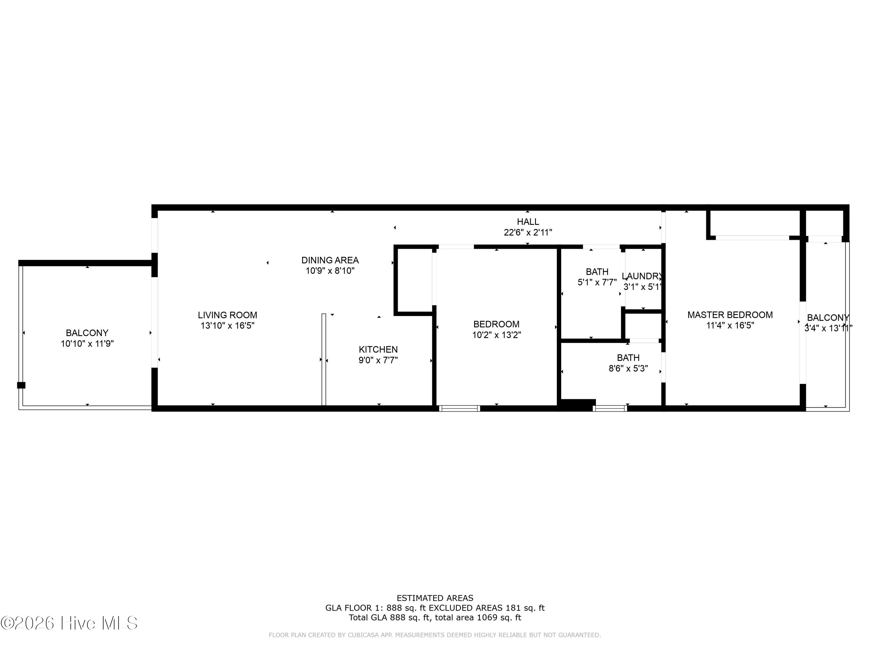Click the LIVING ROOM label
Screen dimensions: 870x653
tap(227, 315)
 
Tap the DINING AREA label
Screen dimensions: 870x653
tap(330, 260)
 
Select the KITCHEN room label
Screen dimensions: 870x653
tap(378, 349)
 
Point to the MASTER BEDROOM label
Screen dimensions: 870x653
tap(730, 315)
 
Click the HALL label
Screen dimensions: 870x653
tap(528, 222)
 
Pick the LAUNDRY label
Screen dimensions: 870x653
tap(642, 276)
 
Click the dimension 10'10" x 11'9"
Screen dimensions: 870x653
tap(87, 344)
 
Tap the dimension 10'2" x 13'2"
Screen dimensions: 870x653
tap(496, 335)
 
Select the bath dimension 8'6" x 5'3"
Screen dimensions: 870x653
tap(628, 368)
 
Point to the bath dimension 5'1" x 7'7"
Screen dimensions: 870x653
tap(597, 282)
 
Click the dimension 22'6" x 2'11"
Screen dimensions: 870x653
tap(528, 232)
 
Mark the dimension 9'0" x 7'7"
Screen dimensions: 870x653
tap(378, 360)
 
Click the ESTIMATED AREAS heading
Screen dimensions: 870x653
tap(435, 598)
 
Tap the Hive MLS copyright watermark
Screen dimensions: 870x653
tap(69, 623)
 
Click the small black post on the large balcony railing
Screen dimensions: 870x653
tap(21, 385)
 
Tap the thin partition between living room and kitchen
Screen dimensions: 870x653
tap(324, 359)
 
